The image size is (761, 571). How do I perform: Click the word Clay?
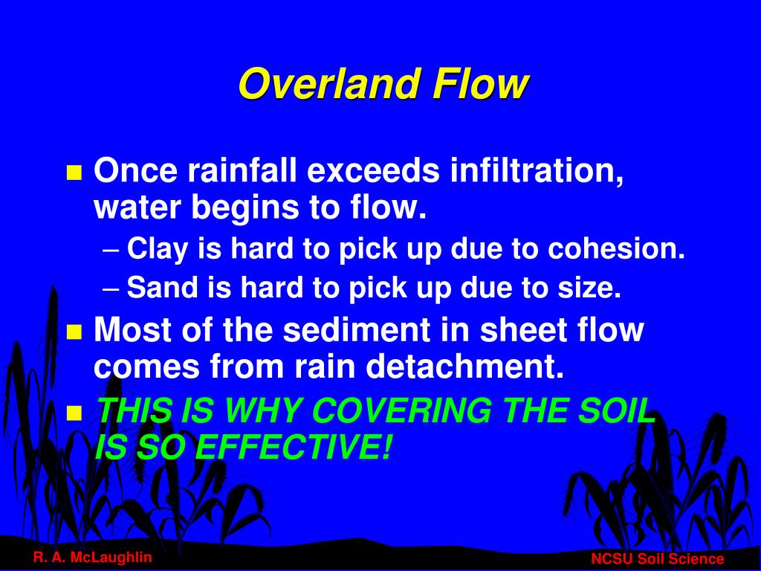159,250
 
